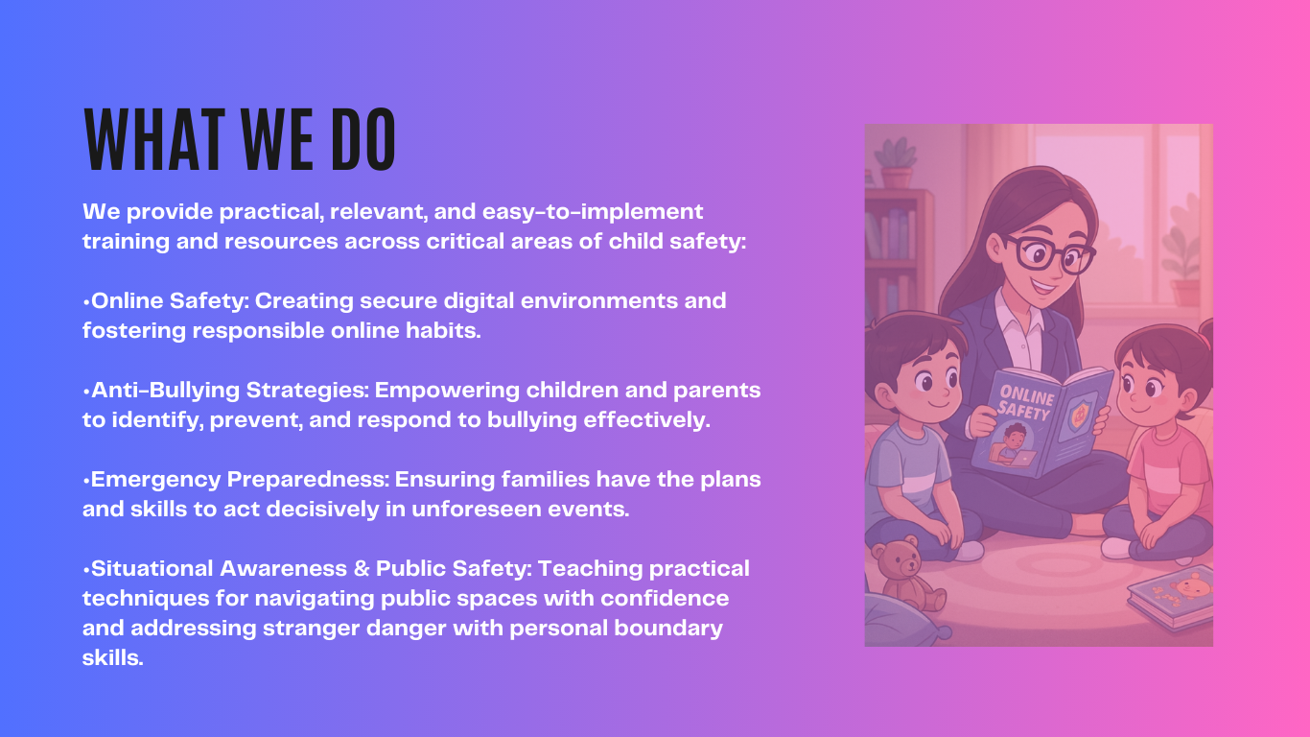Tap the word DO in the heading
pyautogui.click(x=363, y=139)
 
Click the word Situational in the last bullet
pyautogui.click(x=153, y=568)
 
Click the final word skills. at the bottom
pyautogui.click(x=112, y=657)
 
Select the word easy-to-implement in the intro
pyautogui.click(x=593, y=212)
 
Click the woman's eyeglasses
pyautogui.click(x=1048, y=254)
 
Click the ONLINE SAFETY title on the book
pyautogui.click(x=1026, y=403)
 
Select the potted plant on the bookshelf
pyautogui.click(x=896, y=163)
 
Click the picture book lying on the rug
pyautogui.click(x=1170, y=597)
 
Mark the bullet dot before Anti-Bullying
pyautogui.click(x=86, y=392)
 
